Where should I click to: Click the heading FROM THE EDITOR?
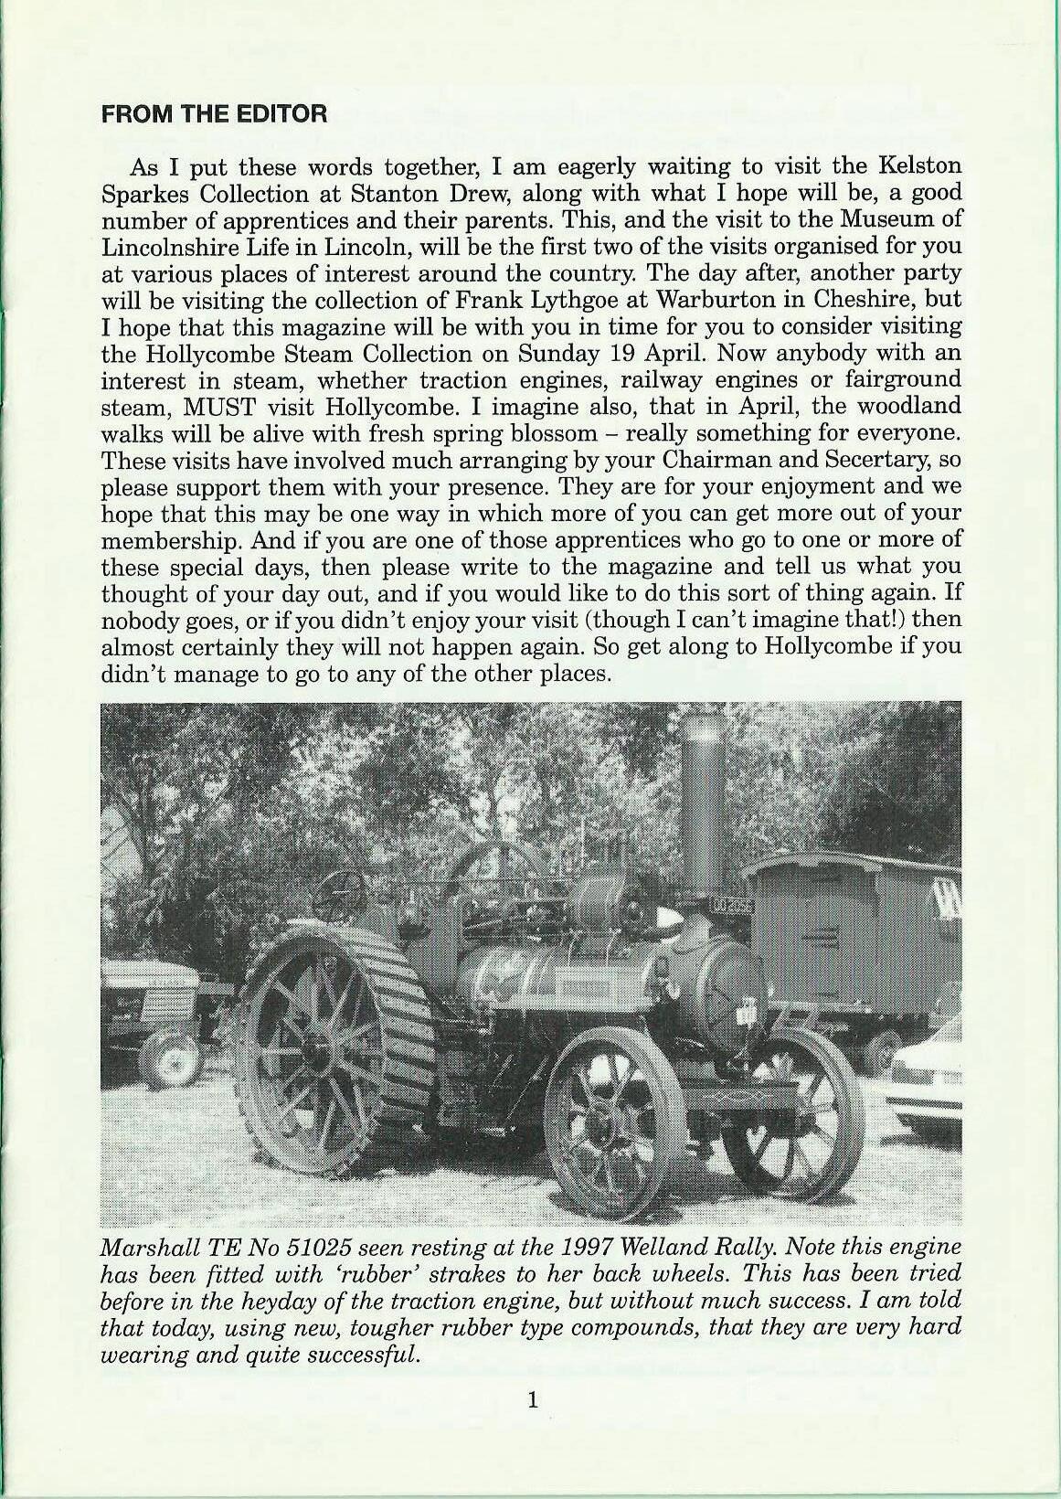[213, 114]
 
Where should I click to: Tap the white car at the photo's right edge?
[928, 1079]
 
